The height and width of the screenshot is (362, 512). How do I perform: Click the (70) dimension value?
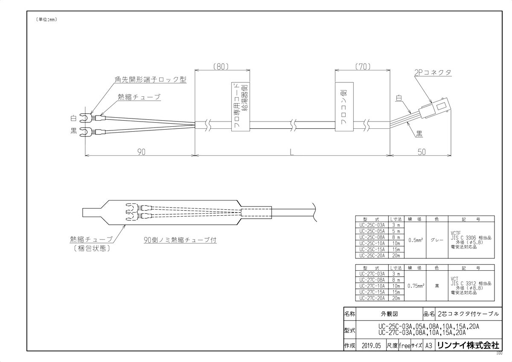[x=362, y=67]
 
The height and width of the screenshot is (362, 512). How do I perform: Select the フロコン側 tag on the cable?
[x=344, y=108]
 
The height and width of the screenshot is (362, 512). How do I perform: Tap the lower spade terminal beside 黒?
[x=87, y=131]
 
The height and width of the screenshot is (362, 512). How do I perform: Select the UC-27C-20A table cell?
[x=372, y=298]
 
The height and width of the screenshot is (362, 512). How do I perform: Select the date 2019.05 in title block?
[x=370, y=346]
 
